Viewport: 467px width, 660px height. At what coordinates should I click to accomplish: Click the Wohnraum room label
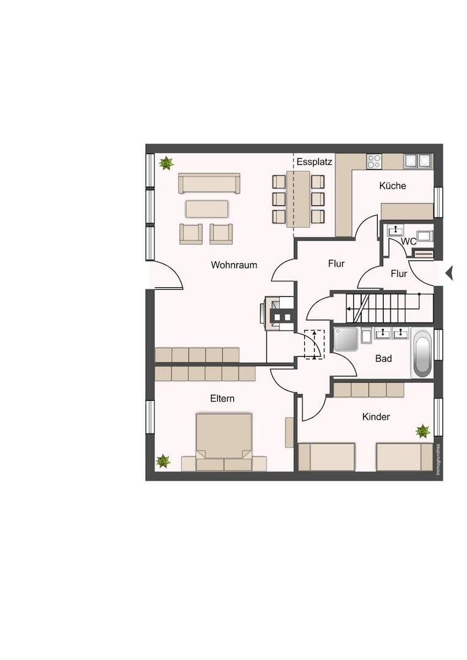(x=234, y=265)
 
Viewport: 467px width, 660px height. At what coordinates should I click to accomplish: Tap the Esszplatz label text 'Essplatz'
(x=314, y=162)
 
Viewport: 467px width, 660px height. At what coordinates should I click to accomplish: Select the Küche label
(x=392, y=186)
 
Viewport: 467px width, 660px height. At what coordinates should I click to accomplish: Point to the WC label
(x=408, y=241)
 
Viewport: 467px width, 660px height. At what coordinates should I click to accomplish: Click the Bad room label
(x=384, y=359)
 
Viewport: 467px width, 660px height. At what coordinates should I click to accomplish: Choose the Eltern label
(x=222, y=398)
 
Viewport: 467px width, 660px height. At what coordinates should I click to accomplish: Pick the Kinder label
(x=376, y=417)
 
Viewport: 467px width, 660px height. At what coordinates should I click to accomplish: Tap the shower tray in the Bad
(x=346, y=339)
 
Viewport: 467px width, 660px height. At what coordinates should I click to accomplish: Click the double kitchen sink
(x=417, y=161)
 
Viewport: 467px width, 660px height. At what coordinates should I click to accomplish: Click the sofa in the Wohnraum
(x=209, y=183)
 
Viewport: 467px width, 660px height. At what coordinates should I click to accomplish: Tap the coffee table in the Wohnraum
(x=207, y=209)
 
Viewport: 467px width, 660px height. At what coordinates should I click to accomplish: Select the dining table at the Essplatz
(x=299, y=199)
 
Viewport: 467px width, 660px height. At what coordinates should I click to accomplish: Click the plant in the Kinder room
(x=422, y=431)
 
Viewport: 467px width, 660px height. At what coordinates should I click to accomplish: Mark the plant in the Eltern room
(x=163, y=461)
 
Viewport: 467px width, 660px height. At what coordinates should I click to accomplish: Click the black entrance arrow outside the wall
(x=449, y=274)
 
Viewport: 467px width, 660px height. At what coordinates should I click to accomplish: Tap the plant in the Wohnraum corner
(x=166, y=163)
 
